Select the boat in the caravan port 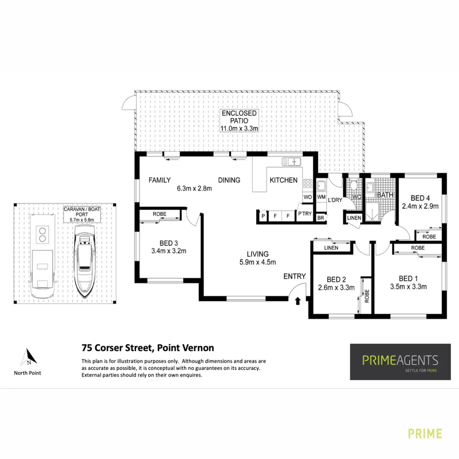pyautogui.click(x=85, y=261)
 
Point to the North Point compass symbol pyautogui.click(x=28, y=357)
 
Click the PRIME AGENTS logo pyautogui.click(x=400, y=362)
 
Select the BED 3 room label pyautogui.click(x=169, y=243)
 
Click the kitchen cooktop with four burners pyautogui.click(x=308, y=184)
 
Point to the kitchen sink pyautogui.click(x=292, y=161)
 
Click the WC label pyautogui.click(x=356, y=197)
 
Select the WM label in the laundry pyautogui.click(x=321, y=197)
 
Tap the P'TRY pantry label pyautogui.click(x=305, y=214)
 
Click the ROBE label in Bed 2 pyautogui.click(x=366, y=295)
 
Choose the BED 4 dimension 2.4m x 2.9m pyautogui.click(x=421, y=206)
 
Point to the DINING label pyautogui.click(x=229, y=180)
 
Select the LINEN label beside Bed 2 pyautogui.click(x=331, y=247)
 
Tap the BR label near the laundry pyautogui.click(x=320, y=218)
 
